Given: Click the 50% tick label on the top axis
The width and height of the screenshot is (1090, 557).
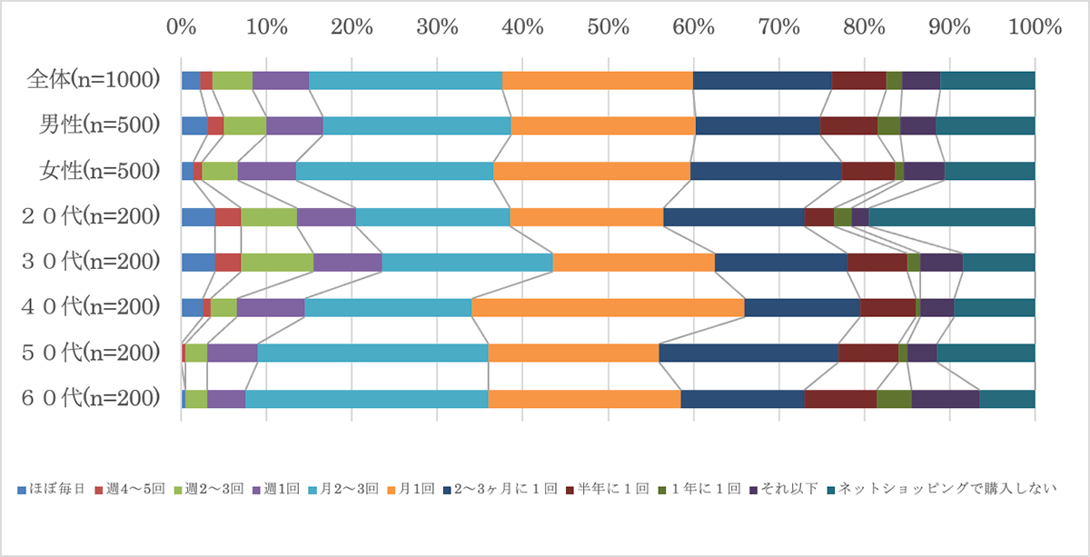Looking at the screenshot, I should pos(609,26).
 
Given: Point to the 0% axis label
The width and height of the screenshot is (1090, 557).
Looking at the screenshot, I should pos(182,26).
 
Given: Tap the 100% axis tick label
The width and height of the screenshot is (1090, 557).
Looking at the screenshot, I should pos(1034,26).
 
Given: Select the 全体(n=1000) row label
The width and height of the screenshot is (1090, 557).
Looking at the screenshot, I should pos(94,80).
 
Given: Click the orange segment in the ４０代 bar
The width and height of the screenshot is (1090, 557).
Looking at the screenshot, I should pos(608,307).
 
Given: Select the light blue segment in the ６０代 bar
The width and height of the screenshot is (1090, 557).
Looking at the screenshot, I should pos(366,398).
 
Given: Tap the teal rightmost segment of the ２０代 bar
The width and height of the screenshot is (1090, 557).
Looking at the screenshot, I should pos(951,216).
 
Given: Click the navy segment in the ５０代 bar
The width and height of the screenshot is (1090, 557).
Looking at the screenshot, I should pos(748,353).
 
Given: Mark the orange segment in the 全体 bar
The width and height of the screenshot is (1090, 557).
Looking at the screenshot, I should pos(597,80).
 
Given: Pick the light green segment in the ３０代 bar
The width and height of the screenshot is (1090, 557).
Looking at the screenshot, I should pos(277,262).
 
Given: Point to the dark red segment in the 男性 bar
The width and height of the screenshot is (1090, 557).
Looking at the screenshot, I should pos(848,125).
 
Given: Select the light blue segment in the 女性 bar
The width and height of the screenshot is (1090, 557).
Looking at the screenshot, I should pos(394,171).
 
